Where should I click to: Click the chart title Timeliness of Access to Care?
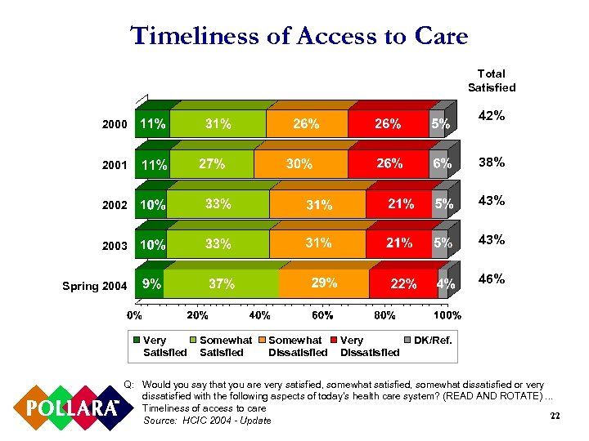299,36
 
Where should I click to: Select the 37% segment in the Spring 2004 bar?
223,284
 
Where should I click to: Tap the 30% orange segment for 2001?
300,164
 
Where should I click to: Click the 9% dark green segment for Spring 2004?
151,284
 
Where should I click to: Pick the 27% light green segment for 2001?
213,164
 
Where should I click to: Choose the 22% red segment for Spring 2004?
403,284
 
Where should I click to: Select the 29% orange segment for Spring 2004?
324,284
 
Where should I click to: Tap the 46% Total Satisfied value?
492,278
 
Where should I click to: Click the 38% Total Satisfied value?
492,162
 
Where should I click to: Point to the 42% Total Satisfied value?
492,117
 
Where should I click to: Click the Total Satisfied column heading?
492,80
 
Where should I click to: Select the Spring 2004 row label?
94,286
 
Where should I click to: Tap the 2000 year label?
115,125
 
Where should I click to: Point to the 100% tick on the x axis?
447,315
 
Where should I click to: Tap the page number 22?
554,416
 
